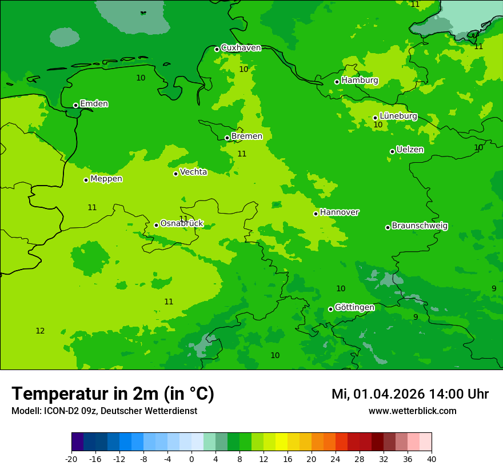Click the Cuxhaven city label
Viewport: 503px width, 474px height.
(x=241, y=48)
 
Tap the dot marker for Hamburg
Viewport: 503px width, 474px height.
(x=337, y=82)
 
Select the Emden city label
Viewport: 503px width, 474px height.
(x=94, y=104)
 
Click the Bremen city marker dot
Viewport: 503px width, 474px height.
(x=227, y=138)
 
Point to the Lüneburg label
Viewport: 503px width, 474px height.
(x=398, y=116)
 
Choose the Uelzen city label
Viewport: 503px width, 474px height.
(x=410, y=150)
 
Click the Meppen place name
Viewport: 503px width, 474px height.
(x=106, y=179)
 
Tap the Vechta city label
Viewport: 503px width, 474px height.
(x=193, y=172)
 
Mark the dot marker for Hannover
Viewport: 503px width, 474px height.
(x=316, y=214)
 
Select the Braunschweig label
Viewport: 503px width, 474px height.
(x=420, y=226)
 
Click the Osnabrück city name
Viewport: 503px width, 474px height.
(x=182, y=223)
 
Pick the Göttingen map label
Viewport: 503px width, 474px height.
(x=354, y=307)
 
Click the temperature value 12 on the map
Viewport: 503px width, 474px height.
(x=40, y=331)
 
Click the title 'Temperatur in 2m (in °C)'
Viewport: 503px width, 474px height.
(x=113, y=394)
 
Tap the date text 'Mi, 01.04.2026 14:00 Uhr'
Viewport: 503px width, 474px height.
(x=410, y=394)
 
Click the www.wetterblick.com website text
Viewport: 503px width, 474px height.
(x=412, y=411)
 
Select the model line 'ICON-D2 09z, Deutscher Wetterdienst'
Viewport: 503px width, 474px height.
(x=104, y=411)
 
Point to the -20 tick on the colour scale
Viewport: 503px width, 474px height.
(x=71, y=459)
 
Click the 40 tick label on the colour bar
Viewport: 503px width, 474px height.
(x=432, y=459)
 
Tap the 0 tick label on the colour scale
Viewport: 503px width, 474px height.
(x=191, y=459)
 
